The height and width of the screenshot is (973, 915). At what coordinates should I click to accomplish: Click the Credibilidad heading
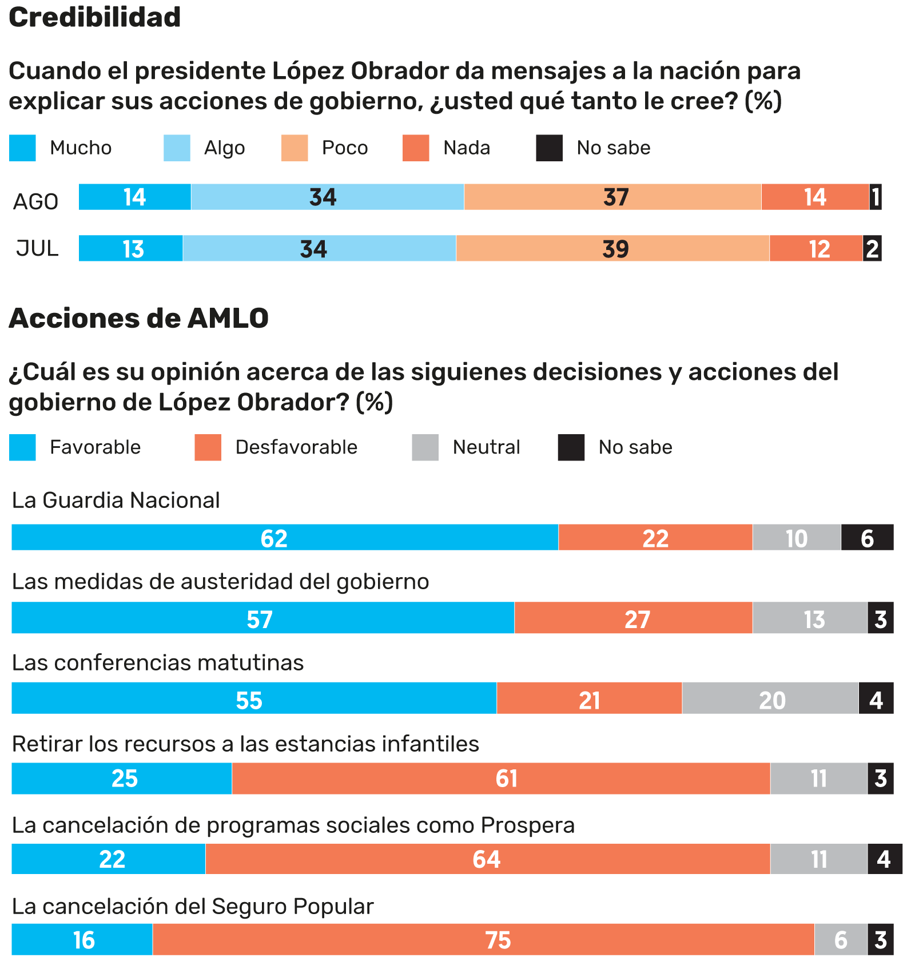click(x=94, y=17)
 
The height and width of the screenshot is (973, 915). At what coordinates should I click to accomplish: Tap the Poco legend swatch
click(x=294, y=148)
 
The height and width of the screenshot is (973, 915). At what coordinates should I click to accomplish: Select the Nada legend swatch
click(x=415, y=148)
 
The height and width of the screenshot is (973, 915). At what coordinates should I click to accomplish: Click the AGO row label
click(x=35, y=202)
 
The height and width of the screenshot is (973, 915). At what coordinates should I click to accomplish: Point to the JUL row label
click(x=37, y=249)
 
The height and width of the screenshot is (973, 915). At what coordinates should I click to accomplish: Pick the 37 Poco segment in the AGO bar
click(x=612, y=197)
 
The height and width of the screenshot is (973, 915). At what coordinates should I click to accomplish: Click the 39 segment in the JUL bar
click(x=612, y=249)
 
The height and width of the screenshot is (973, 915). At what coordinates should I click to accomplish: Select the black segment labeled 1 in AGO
click(x=875, y=197)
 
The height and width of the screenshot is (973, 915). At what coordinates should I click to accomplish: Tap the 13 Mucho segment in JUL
click(x=130, y=249)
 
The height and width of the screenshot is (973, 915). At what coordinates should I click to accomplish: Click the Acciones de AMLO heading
click(x=138, y=318)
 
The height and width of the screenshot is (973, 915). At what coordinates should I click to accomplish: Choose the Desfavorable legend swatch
click(x=208, y=447)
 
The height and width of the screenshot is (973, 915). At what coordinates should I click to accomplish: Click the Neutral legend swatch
click(x=425, y=447)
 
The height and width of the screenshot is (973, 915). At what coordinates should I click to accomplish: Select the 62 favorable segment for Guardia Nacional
click(x=284, y=538)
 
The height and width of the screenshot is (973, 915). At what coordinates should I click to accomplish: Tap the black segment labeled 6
click(x=867, y=538)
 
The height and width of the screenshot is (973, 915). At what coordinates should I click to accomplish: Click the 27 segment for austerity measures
click(x=633, y=618)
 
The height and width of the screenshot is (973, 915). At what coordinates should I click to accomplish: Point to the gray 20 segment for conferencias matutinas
click(x=770, y=698)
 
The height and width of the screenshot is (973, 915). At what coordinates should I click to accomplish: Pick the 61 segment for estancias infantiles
click(x=500, y=779)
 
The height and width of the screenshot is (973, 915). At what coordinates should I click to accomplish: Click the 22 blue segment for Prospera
click(x=108, y=859)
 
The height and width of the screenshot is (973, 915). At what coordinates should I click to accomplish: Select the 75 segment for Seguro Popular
click(x=483, y=940)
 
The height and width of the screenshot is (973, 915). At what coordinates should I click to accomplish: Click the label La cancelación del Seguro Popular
click(x=193, y=907)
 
